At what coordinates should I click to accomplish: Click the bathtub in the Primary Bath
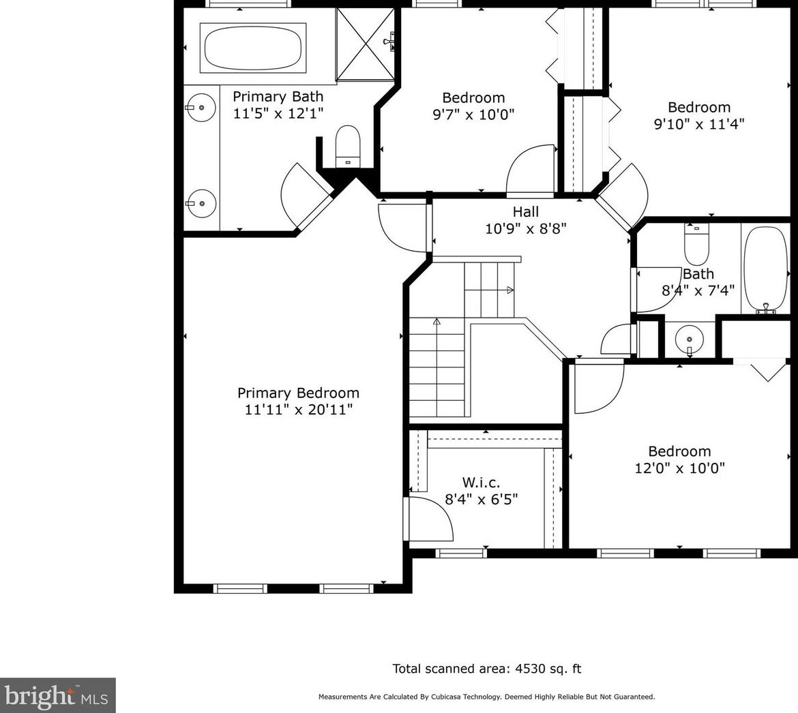(253, 48)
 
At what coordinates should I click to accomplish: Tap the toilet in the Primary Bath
(348, 146)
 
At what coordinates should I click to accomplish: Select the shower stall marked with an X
(366, 44)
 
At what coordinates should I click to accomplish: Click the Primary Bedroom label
(298, 393)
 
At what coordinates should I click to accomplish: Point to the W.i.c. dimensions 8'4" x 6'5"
(482, 500)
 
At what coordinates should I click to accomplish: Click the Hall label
(526, 211)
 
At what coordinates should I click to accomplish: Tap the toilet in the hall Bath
(697, 243)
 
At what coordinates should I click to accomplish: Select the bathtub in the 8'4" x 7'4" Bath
(765, 269)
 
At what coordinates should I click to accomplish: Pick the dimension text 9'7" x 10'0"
(473, 115)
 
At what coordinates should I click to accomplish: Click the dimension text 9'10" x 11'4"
(699, 124)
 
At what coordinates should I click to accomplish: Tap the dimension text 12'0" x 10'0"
(679, 468)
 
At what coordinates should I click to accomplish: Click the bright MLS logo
(57, 695)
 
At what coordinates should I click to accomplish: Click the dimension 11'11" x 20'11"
(298, 410)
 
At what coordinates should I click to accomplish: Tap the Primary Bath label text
(278, 97)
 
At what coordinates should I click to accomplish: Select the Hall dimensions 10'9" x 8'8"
(526, 228)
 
